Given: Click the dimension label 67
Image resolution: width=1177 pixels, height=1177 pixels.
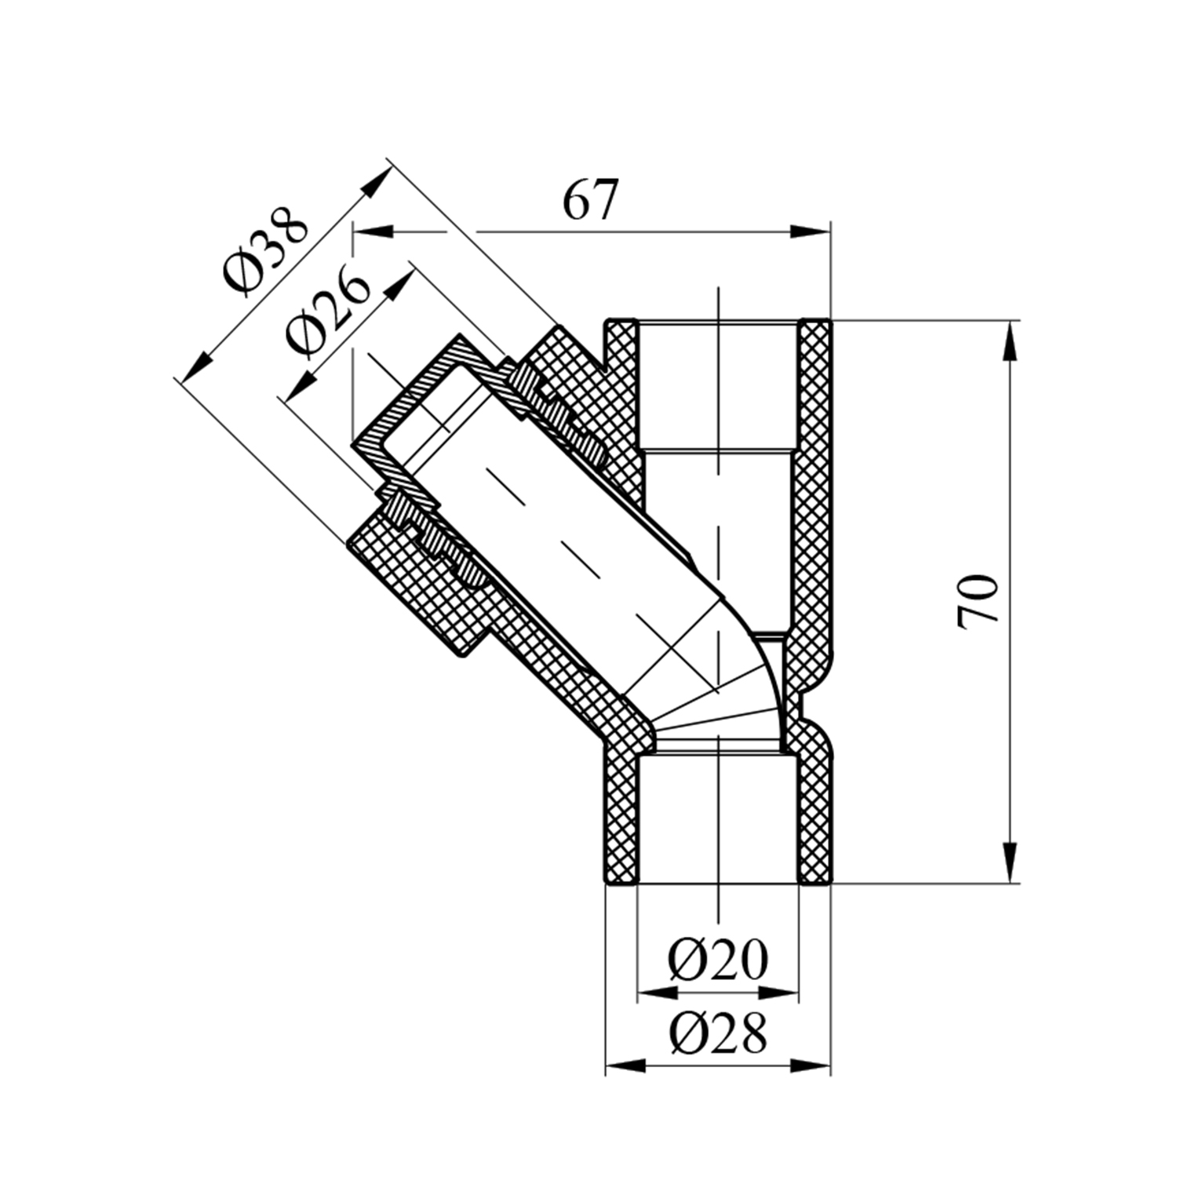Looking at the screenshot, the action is [x=591, y=200].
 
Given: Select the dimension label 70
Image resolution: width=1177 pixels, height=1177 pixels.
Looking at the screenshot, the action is [x=978, y=600].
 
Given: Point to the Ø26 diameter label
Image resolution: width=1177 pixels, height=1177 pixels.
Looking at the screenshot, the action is [x=327, y=313].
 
